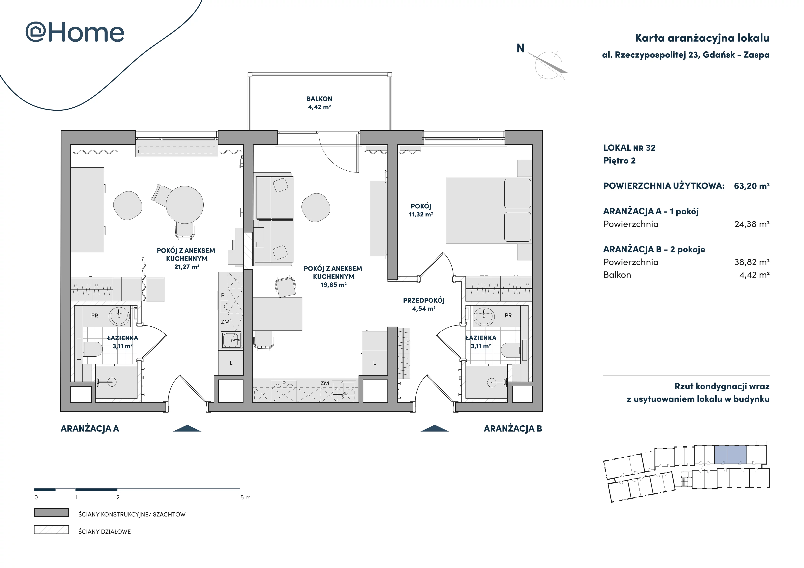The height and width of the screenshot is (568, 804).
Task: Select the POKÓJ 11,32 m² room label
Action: click(x=421, y=210)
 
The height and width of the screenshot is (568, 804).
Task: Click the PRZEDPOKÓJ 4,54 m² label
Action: click(x=424, y=304)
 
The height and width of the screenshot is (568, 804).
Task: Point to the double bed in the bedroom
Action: click(x=489, y=210)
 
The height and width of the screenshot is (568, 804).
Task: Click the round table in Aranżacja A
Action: click(x=185, y=205)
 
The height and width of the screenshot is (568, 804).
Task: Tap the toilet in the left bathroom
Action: click(x=92, y=349)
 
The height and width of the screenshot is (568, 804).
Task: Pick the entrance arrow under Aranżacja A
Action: click(x=187, y=429)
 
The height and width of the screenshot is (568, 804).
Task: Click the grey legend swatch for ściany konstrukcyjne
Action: click(x=52, y=512)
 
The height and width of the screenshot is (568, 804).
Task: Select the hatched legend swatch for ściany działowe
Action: click(x=52, y=530)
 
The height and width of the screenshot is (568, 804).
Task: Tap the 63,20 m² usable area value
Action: click(x=752, y=186)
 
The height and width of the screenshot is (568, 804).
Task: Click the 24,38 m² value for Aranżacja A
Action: click(x=752, y=224)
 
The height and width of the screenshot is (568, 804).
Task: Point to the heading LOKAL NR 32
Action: click(x=629, y=148)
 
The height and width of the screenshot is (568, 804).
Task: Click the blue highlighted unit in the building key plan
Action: click(x=730, y=455)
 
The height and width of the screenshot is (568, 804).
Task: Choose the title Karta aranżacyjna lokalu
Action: click(x=702, y=38)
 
